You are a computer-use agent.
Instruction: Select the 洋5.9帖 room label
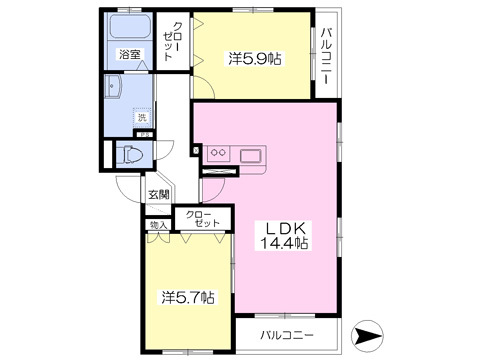254,59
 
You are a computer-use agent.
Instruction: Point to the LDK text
284,226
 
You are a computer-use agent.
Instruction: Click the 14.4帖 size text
284,243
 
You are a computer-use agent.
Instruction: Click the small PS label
145,135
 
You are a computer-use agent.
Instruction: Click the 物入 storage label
158,226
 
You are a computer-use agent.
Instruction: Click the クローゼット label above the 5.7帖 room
205,219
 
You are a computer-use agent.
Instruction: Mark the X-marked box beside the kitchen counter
214,170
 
